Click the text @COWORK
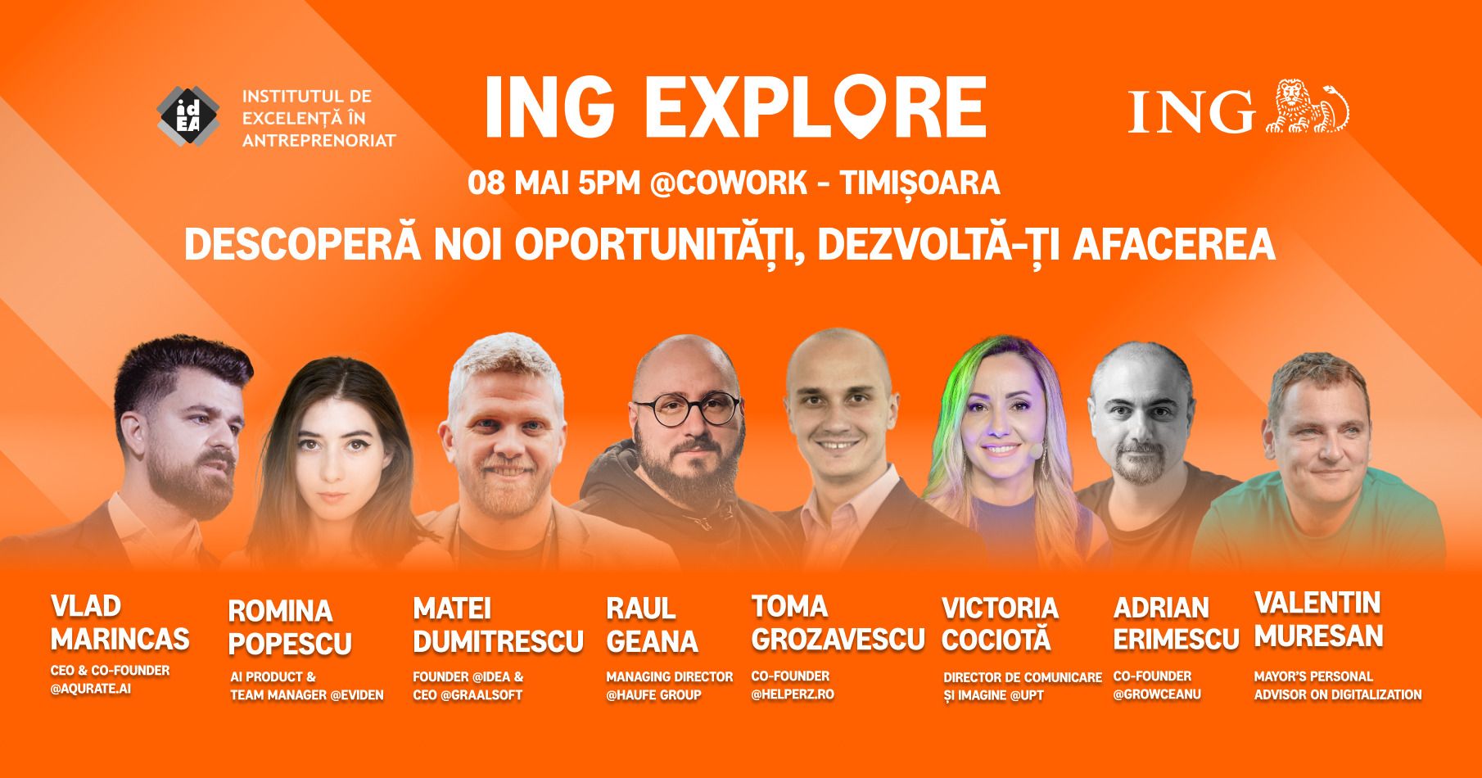point(728,183)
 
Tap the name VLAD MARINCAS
point(120,622)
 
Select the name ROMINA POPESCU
point(290,627)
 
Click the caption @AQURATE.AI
point(91,689)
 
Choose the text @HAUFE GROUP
point(653,695)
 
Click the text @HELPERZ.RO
point(793,694)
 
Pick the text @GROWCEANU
point(1157,694)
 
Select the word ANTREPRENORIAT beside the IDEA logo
point(319,140)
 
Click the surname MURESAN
point(1318,636)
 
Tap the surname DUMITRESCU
point(498,641)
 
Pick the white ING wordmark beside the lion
point(1191,111)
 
